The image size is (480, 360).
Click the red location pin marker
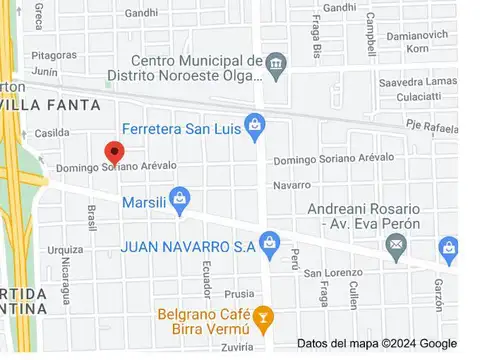pyautogui.click(x=114, y=153)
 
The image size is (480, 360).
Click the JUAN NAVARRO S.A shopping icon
pyautogui.click(x=268, y=243)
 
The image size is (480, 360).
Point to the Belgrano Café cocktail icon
pyautogui.click(x=262, y=319)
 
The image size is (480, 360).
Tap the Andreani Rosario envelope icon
pyautogui.click(x=397, y=243)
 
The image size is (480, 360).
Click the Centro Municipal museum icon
pyautogui.click(x=276, y=68)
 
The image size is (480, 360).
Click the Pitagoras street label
pyautogui.click(x=53, y=56)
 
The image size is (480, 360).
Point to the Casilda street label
pyautogui.click(x=52, y=133)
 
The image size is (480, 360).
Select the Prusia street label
pyautogui.click(x=239, y=294)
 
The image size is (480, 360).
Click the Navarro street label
pyautogui.click(x=291, y=185)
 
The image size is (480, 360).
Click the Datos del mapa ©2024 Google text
pyautogui.click(x=376, y=343)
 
